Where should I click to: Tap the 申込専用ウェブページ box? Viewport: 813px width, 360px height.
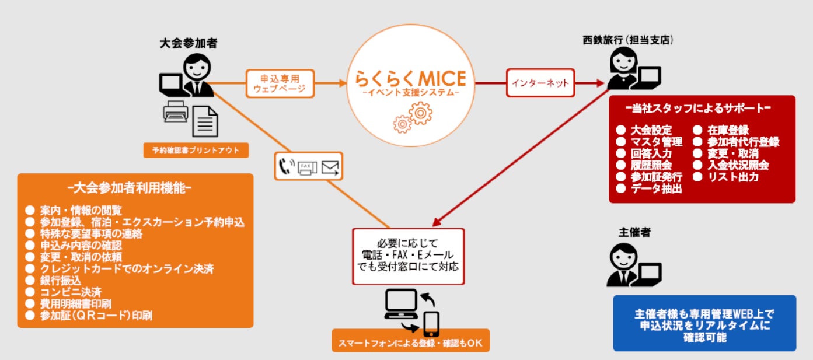click(280, 83)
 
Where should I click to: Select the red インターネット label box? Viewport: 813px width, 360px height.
click(540, 83)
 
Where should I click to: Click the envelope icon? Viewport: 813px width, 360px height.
click(331, 168)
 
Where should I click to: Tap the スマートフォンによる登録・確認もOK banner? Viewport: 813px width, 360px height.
click(410, 342)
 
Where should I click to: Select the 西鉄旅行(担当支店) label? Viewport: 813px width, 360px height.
click(632, 40)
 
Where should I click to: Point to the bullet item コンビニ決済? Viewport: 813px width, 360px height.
click(63, 292)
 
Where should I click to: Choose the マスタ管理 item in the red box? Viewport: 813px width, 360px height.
click(656, 142)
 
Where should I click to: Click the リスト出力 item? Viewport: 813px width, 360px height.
click(732, 177)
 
